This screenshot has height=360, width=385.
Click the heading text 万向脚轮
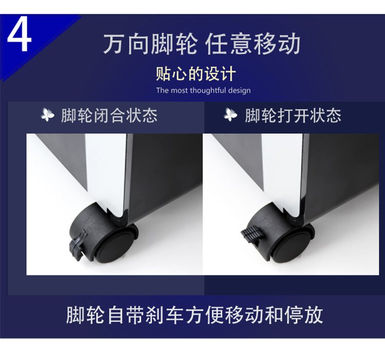pos(150,44)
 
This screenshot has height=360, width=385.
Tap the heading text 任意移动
pos(253,44)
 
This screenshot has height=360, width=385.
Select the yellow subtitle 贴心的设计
pos(196,73)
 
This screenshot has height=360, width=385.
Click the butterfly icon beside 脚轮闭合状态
pos(48,115)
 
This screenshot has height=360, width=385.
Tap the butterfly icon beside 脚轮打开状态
pos(230,115)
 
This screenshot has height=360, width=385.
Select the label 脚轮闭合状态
pos(109,116)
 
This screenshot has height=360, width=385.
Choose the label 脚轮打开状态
pos(293,116)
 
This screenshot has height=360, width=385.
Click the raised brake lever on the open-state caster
pos(252,235)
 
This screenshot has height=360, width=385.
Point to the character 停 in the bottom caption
pos(293,315)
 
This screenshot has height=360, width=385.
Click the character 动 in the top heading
pos(289,44)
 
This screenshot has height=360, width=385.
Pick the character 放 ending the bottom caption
pos(314,315)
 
